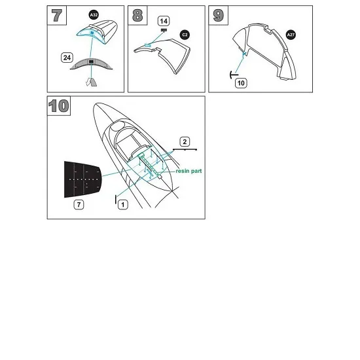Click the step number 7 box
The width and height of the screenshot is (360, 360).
(57, 15)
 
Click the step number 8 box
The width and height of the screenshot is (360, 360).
(137, 15)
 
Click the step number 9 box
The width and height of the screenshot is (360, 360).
(219, 15)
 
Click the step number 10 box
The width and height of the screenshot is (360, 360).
(59, 106)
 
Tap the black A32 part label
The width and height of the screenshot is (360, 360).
(94, 15)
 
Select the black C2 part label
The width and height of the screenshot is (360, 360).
(185, 35)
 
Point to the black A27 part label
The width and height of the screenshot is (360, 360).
(291, 35)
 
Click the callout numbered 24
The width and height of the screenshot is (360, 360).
(67, 58)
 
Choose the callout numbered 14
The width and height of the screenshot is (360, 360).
(164, 21)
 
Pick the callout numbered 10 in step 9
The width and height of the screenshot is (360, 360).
(241, 83)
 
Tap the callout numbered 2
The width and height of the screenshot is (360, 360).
(185, 142)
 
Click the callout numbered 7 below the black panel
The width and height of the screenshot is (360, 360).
(79, 204)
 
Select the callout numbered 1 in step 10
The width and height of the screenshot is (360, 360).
(123, 205)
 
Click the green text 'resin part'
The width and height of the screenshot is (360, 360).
(189, 171)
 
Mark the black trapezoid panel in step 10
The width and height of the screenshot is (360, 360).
(82, 179)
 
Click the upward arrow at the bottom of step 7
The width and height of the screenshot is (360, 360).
(92, 82)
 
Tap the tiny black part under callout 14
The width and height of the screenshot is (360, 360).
(164, 30)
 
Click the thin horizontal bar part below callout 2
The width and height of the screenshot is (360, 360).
(185, 149)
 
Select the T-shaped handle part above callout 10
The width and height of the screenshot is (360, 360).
(234, 75)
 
